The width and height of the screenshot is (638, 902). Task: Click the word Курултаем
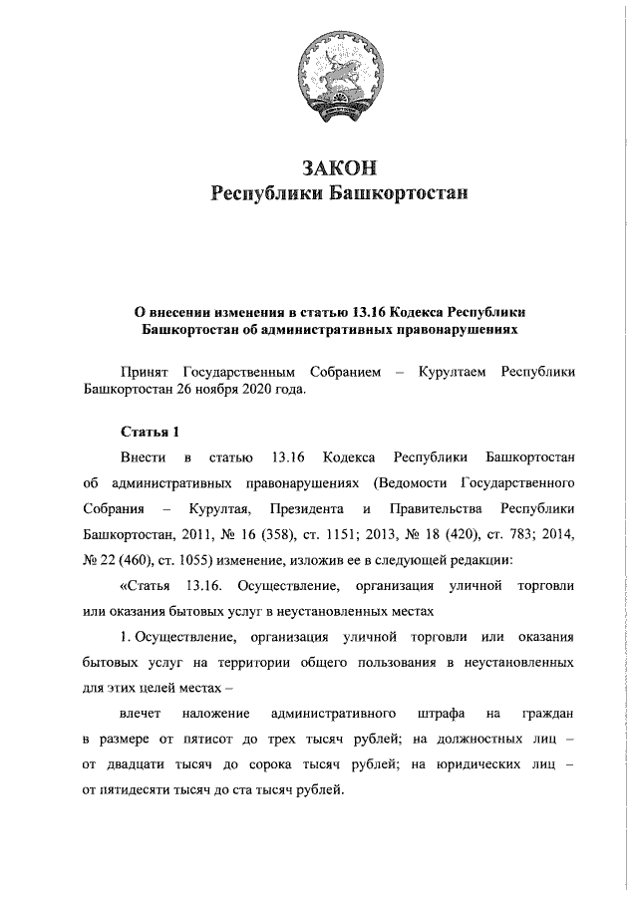tap(453, 371)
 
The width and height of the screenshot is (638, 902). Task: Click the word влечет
tap(140, 714)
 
